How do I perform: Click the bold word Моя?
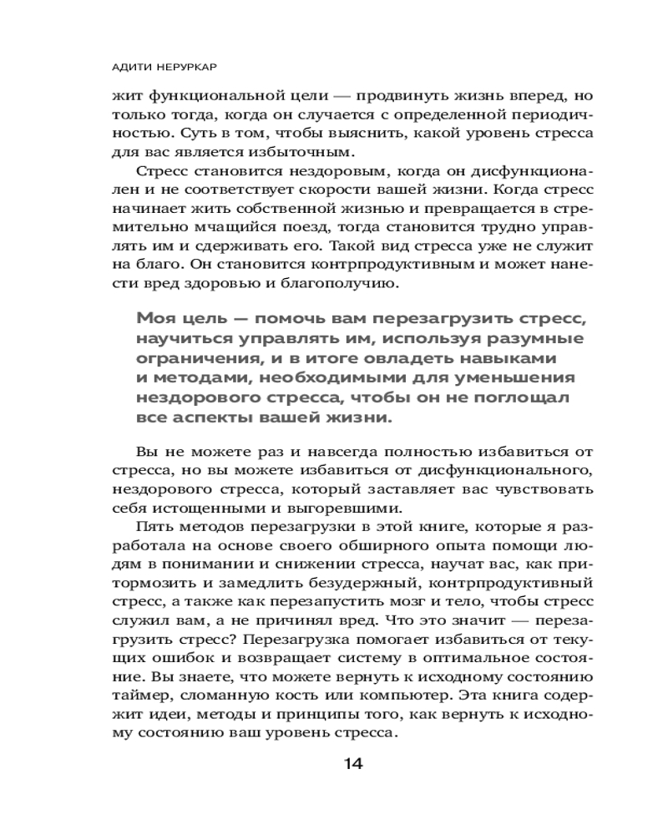[x=154, y=318]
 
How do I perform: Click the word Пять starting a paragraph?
[x=150, y=530]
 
